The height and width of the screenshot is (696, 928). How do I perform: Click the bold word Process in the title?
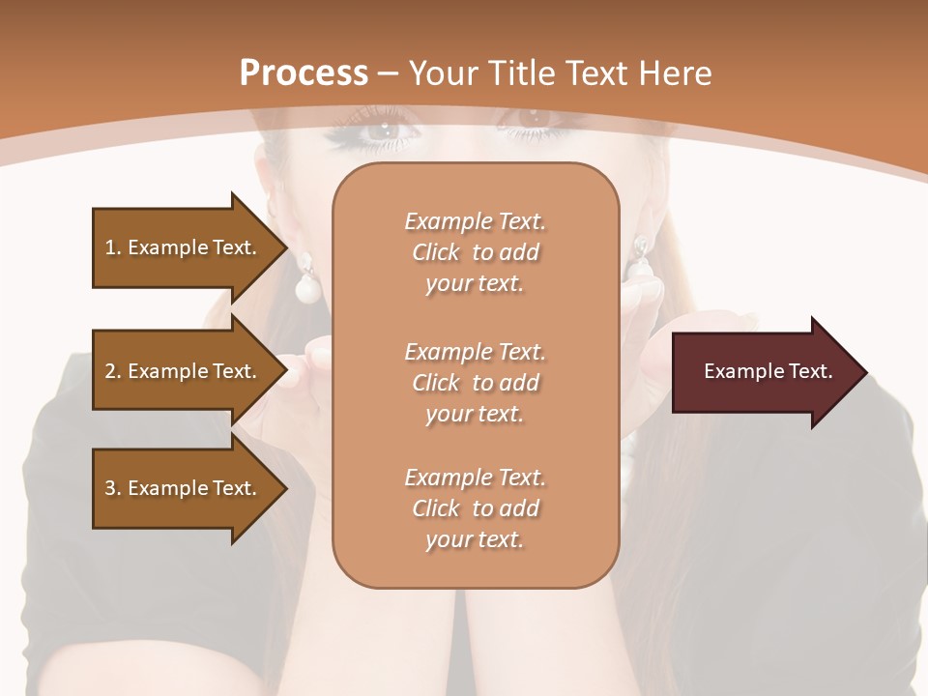point(304,73)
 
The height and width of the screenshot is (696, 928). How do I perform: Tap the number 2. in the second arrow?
point(113,371)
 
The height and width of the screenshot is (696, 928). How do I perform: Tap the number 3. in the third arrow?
point(113,488)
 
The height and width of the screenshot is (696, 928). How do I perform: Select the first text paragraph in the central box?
point(475,252)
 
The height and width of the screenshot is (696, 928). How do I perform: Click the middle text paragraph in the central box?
point(475,383)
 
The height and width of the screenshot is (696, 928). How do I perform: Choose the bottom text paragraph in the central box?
point(475,508)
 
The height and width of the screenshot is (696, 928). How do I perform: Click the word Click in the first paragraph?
point(435,252)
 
